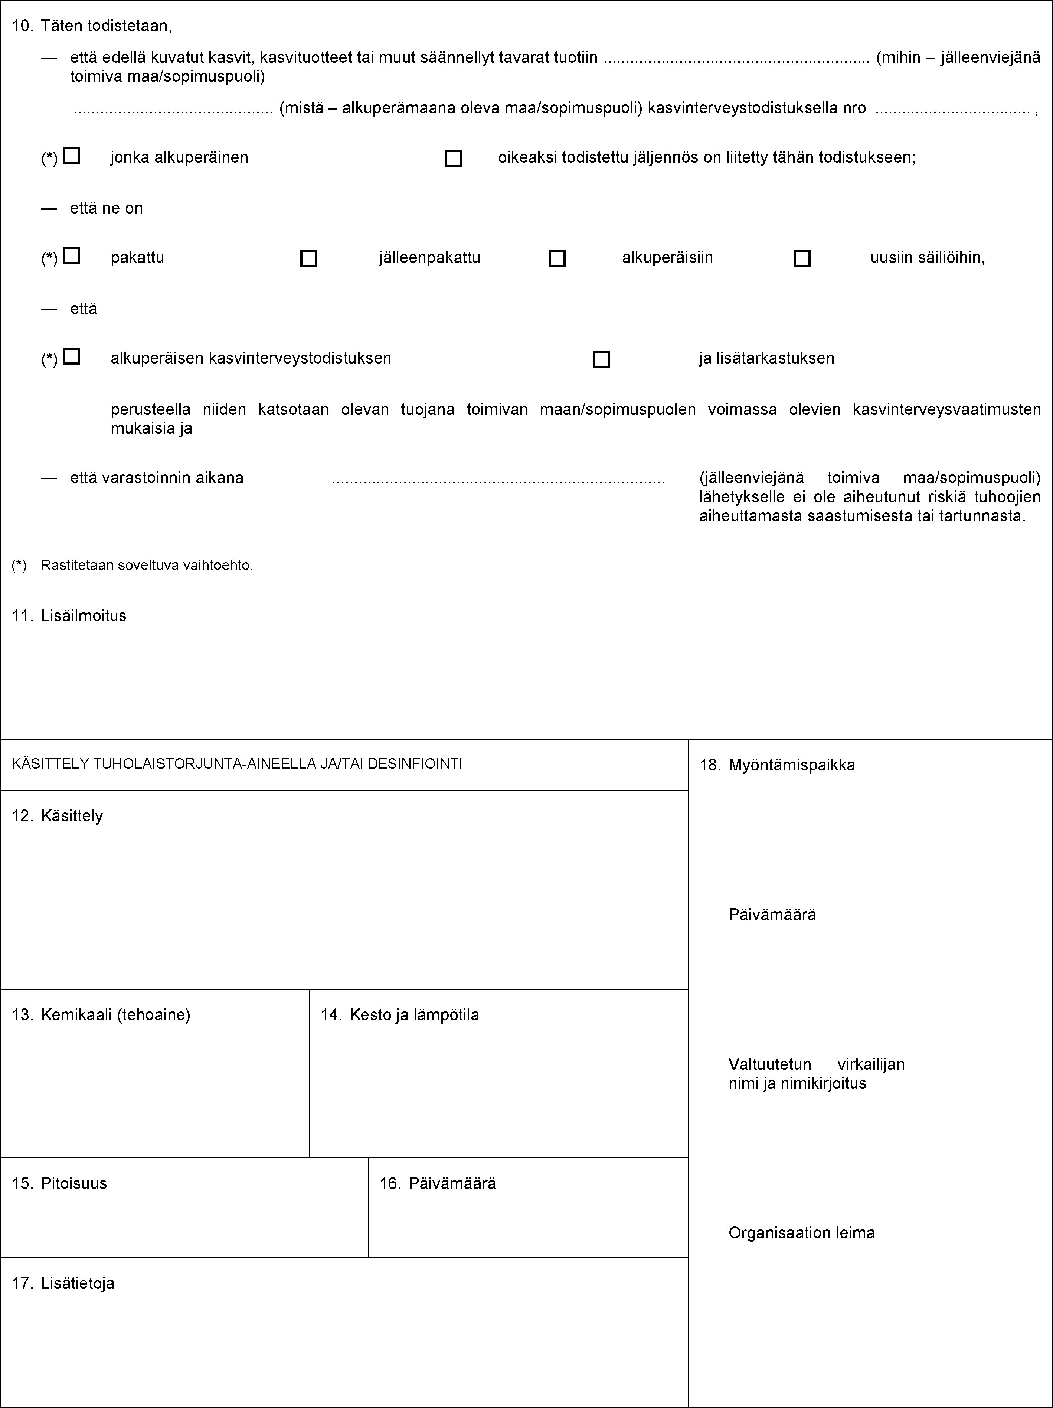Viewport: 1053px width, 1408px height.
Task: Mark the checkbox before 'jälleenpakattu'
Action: point(308,259)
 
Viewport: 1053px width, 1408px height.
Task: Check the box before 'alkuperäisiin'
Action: point(557,259)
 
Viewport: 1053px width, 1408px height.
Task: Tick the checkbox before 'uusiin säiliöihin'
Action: point(802,259)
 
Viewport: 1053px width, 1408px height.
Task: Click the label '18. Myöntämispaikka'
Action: point(778,765)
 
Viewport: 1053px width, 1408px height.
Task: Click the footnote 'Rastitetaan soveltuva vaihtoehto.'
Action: point(146,565)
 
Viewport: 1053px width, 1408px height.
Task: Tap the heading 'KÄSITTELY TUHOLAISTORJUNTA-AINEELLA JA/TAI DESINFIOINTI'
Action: point(237,764)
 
